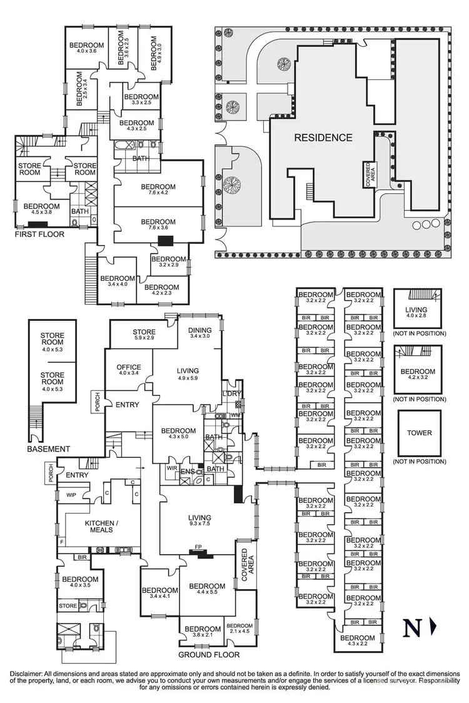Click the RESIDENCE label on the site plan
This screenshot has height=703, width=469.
tap(323, 138)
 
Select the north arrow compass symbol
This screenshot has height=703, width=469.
tap(418, 627)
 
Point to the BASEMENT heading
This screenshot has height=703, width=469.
tap(48, 449)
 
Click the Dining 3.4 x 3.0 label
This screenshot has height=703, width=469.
tap(201, 334)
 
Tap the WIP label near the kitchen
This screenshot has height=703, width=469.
tap(71, 495)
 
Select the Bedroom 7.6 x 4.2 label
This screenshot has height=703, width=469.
tap(158, 190)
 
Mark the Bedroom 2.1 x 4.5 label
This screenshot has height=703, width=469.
tap(240, 629)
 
